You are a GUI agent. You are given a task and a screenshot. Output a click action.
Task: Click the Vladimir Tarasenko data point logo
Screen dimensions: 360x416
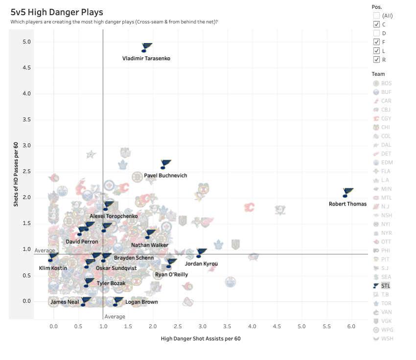[x=147, y=47]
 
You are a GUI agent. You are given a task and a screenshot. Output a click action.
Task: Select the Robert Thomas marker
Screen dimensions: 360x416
[x=348, y=192]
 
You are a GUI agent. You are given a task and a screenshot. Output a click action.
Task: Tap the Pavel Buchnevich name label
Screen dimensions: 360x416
[x=165, y=176]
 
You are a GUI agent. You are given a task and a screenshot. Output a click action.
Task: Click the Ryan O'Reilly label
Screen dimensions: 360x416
[x=171, y=274]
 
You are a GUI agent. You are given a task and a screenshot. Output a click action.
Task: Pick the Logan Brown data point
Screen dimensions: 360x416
[x=118, y=301]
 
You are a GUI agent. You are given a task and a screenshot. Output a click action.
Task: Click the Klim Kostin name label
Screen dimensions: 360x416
[x=53, y=268]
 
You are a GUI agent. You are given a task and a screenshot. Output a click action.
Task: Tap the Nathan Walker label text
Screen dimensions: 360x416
[x=150, y=245]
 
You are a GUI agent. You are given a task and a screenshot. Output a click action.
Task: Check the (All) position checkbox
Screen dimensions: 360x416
[x=376, y=15]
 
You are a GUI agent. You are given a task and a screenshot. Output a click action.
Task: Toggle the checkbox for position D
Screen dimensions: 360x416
[x=376, y=33]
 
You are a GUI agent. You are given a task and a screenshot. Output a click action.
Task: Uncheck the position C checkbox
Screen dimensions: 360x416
[x=376, y=24]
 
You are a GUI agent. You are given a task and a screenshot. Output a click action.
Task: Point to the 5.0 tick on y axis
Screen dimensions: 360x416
[x=26, y=42]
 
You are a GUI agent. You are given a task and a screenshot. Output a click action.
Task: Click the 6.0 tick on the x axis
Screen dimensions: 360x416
[x=351, y=326]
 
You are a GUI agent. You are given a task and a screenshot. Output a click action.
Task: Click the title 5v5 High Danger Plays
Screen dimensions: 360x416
[x=57, y=12]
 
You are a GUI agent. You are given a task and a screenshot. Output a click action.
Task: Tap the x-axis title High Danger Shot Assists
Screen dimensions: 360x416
[x=201, y=338]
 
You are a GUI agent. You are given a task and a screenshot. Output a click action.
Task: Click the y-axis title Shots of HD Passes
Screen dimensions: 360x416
[x=16, y=175]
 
